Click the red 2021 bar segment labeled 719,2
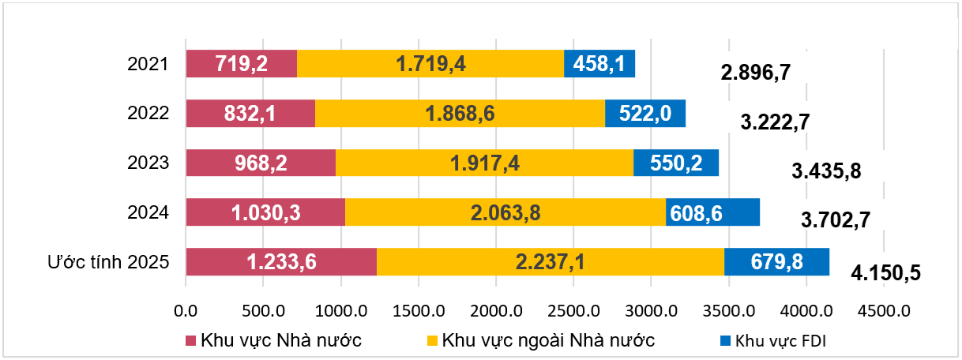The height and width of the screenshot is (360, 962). click(241, 63)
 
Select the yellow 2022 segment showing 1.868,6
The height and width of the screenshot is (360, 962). click(460, 113)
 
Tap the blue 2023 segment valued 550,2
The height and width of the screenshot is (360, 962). click(676, 163)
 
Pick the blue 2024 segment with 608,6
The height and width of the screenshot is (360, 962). click(712, 212)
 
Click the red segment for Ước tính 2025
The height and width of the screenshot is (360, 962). click(280, 262)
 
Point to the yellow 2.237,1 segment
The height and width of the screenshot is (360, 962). click(550, 262)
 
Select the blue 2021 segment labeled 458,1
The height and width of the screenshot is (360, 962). click(599, 63)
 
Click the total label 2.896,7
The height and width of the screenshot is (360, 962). click(756, 73)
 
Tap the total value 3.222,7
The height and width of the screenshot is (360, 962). click(776, 122)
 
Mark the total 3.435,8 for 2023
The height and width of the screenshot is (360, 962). click(825, 171)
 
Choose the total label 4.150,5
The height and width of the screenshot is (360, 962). click(886, 273)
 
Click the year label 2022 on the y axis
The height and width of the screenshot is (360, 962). click(148, 113)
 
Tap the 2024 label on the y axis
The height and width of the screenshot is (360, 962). click(148, 212)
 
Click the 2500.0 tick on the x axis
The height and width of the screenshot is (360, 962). click(573, 310)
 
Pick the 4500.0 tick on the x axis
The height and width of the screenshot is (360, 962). click(883, 310)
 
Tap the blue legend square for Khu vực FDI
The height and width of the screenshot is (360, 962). click(724, 341)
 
